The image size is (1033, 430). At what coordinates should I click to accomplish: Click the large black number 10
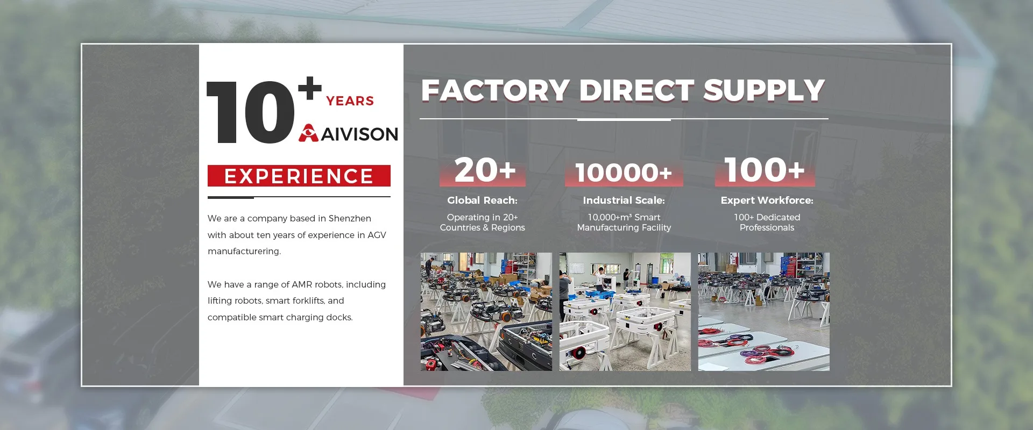[251, 112]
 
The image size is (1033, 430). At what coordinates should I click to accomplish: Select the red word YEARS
[350, 101]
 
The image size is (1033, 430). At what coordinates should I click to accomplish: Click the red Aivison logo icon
[309, 133]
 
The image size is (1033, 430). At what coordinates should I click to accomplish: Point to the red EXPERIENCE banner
[299, 176]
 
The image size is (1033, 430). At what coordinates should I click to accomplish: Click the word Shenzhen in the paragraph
[350, 219]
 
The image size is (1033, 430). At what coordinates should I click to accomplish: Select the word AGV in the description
[377, 235]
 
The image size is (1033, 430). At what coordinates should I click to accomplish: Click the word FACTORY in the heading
[496, 90]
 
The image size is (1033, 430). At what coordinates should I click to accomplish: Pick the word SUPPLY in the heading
[764, 90]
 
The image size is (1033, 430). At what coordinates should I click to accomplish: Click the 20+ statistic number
[485, 170]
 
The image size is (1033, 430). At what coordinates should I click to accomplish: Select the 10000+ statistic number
[624, 173]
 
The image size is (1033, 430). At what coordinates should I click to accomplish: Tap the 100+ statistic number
[765, 170]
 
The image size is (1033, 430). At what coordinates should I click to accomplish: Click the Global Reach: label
[482, 200]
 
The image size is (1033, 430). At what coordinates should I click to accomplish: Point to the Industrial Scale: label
[624, 200]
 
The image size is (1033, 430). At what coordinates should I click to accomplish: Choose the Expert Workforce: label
[767, 200]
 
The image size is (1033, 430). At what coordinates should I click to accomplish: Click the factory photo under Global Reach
[486, 312]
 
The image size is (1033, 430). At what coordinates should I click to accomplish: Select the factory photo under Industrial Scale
[625, 312]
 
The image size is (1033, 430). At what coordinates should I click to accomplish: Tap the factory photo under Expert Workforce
[764, 312]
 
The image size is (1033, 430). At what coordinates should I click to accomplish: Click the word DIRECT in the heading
[636, 90]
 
